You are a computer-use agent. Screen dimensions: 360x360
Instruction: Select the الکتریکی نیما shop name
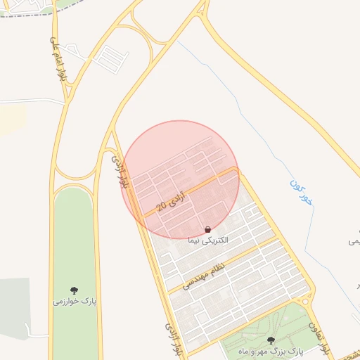[x=208, y=240]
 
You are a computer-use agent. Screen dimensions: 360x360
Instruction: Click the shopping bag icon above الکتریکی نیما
[x=207, y=230]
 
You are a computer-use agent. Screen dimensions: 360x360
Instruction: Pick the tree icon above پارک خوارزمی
[x=75, y=290]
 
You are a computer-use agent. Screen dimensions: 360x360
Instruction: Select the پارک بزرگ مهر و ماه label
[x=271, y=351]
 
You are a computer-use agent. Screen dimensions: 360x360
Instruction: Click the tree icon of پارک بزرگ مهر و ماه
[x=271, y=340]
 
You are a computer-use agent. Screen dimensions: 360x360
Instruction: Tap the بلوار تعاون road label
[x=318, y=337]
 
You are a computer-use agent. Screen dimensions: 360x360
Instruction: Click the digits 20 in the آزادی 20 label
[x=161, y=207]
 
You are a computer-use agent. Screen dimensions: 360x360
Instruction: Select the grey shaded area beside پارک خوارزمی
[x=14, y=302]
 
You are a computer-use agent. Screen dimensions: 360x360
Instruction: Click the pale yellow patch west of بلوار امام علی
[x=11, y=120]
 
